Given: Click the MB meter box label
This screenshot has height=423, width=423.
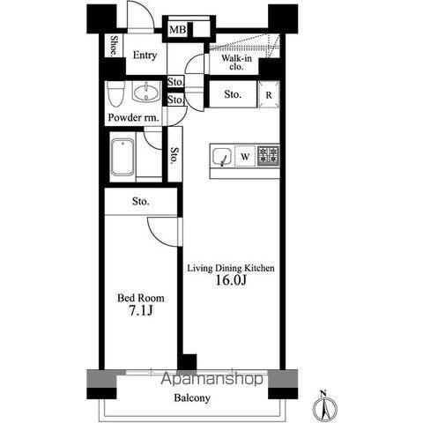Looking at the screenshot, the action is [x=178, y=29].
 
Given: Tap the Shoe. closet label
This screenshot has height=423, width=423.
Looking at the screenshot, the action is [x=113, y=46].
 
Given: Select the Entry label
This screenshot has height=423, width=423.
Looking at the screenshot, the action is [x=145, y=55].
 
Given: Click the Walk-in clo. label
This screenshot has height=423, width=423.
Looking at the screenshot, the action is [x=236, y=63].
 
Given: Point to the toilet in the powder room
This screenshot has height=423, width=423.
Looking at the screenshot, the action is [x=115, y=93].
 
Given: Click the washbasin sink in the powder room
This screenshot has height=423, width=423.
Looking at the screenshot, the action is [x=146, y=92].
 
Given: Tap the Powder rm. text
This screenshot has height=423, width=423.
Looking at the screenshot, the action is [x=134, y=117].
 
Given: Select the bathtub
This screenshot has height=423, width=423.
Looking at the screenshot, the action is [x=123, y=158].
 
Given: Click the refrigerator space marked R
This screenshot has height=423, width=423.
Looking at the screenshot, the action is [x=269, y=95].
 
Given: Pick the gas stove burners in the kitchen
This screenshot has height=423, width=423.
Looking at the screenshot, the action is [x=269, y=155].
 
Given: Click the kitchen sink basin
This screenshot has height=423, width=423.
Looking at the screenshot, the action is [x=222, y=157].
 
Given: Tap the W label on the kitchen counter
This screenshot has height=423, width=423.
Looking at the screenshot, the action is [x=245, y=157].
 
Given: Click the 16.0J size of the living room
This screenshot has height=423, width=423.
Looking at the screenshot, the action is [x=231, y=280].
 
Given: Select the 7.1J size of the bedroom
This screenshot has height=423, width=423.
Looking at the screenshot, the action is [x=141, y=310].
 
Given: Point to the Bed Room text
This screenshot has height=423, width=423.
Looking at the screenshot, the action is [x=141, y=298].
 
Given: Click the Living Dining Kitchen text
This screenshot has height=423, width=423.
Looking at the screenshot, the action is [x=231, y=268].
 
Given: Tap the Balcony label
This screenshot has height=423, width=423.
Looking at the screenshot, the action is [x=192, y=398].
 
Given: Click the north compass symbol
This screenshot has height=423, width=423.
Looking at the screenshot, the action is [x=324, y=406].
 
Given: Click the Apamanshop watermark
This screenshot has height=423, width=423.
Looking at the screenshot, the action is [x=211, y=379].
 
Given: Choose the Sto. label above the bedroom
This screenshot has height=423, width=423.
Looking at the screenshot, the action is [x=140, y=202].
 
